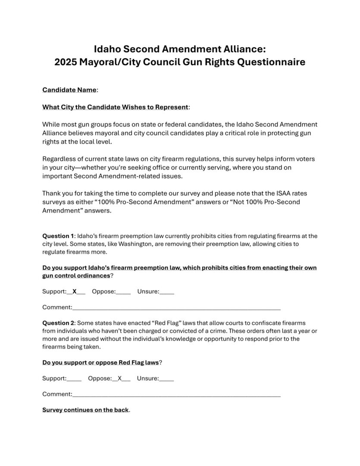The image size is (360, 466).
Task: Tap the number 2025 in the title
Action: pos(69,62)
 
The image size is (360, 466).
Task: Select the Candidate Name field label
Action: pos(69,90)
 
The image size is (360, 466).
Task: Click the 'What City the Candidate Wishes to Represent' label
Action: pos(115,107)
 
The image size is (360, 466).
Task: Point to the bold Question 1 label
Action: pos(58,236)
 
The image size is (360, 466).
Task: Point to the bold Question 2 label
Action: pos(58,323)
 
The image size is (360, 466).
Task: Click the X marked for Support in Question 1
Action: pos(75,291)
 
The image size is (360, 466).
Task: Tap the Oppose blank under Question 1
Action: pos(123,292)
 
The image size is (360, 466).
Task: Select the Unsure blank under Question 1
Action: pos(167,292)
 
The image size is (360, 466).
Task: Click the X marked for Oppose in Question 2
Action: pos(120,378)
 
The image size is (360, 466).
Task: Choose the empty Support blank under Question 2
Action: pos(74,379)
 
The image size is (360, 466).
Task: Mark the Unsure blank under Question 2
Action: pos(166,379)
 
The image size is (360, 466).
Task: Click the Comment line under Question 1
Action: pos(176,308)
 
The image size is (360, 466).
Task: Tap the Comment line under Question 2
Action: pos(176,394)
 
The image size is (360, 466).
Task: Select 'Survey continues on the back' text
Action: pos(85,410)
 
